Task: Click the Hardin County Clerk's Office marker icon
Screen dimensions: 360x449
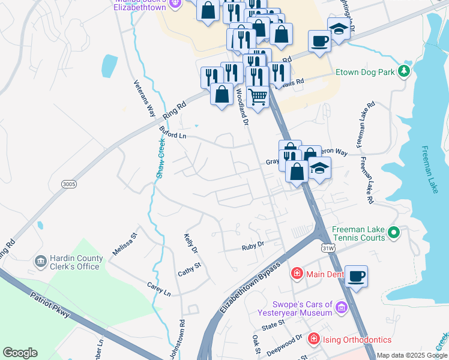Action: point(41,262)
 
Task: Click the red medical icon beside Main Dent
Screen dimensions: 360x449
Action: point(297,274)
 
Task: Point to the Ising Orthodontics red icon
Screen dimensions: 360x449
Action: point(313,340)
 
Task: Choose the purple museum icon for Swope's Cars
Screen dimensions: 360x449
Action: point(341,308)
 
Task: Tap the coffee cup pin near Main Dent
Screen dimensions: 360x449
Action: point(356,275)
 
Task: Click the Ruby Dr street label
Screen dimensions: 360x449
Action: point(253,245)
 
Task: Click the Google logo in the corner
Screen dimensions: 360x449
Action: point(20,353)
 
